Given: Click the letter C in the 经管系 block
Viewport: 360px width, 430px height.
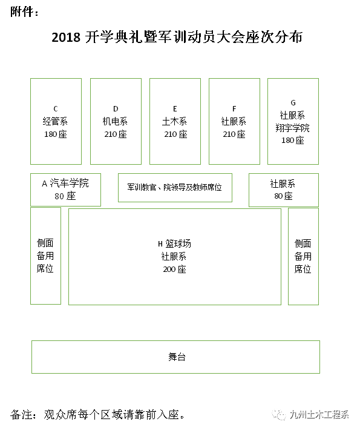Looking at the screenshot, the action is (56, 109).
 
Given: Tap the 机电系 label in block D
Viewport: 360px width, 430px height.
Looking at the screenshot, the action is (115, 121).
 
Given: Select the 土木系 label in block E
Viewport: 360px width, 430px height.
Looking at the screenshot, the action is (174, 121).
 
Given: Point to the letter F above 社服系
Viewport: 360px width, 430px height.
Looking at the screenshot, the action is (234, 109).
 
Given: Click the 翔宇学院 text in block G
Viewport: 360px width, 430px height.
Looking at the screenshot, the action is (293, 128).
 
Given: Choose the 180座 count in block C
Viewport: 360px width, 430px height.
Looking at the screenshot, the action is (56, 134).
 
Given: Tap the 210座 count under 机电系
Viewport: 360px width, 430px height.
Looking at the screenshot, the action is (116, 134).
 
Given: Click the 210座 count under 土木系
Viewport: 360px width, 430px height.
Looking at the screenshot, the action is (175, 134).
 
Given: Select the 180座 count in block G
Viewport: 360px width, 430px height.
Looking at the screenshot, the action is (293, 140).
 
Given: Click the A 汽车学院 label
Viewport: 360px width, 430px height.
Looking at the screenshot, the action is (65, 183).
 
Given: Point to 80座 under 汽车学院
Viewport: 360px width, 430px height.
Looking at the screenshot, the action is (65, 196).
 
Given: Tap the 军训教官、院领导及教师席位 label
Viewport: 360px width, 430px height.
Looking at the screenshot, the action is (174, 187).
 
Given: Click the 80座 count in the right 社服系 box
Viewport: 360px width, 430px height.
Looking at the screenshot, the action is (284, 196).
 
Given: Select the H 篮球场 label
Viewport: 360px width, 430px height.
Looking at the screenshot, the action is (174, 243).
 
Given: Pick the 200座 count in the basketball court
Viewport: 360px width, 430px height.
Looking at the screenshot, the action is (174, 270).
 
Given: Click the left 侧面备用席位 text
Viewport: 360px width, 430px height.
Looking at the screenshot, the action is (45, 256).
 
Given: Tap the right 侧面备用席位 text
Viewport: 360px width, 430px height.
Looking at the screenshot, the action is (303, 256).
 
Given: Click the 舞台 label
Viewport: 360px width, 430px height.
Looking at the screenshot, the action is (177, 357).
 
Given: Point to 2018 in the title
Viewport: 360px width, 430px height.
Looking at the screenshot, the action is (66, 37).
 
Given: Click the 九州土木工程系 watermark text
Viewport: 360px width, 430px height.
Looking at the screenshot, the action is (319, 414).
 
